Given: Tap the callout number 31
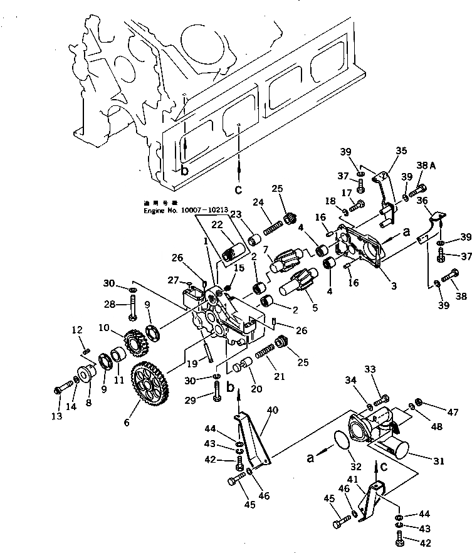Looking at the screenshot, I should (x=438, y=461).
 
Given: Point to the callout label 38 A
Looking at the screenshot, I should (x=425, y=165).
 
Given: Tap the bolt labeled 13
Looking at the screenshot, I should (x=65, y=389).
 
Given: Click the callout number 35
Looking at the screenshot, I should (x=401, y=150).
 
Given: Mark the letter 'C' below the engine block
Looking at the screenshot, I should (x=238, y=189).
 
